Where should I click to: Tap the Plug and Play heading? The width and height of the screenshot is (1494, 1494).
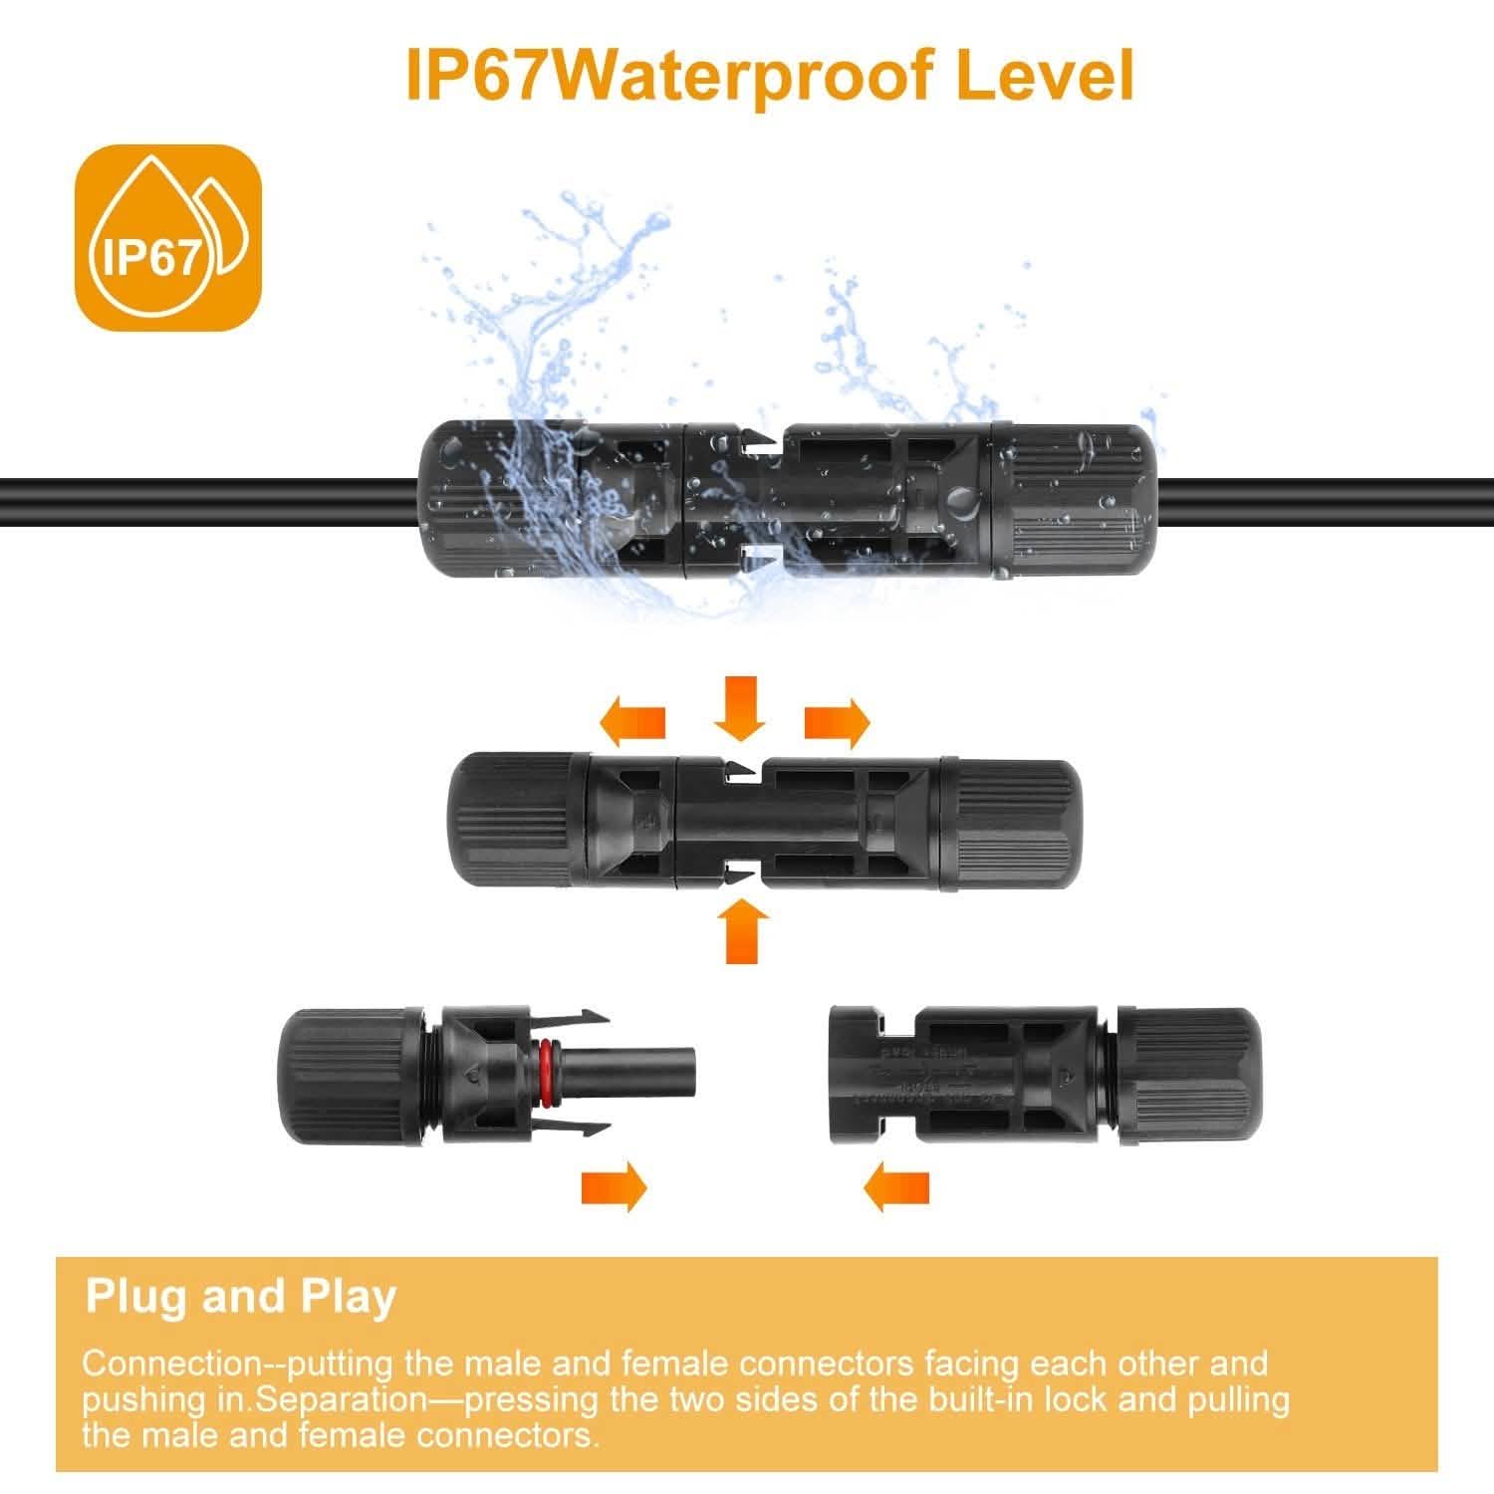pyautogui.click(x=241, y=1297)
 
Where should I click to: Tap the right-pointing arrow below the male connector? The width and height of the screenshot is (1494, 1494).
pyautogui.click(x=614, y=1188)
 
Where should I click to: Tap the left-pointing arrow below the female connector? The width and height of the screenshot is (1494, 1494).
pyautogui.click(x=896, y=1188)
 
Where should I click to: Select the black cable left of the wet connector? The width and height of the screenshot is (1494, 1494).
pyautogui.click(x=199, y=503)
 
